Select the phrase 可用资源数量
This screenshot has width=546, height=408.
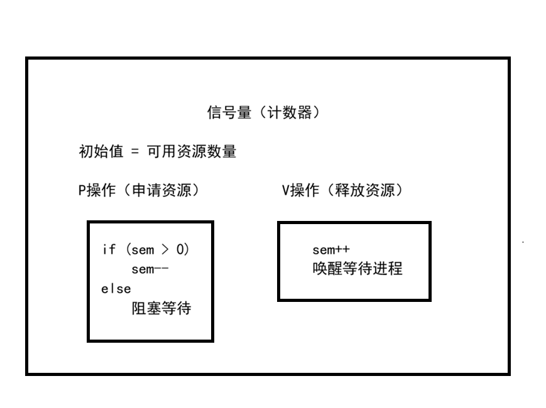tap(191, 152)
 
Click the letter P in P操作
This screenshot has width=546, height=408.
tap(82, 191)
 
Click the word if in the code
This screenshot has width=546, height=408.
tap(109, 249)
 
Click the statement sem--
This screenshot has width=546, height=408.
tap(150, 270)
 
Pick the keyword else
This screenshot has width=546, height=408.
tap(116, 289)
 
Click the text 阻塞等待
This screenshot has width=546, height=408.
tap(161, 309)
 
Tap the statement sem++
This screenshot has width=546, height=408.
tap(330, 250)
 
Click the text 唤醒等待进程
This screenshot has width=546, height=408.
tap(357, 269)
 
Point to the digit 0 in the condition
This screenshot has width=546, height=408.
tap(181, 249)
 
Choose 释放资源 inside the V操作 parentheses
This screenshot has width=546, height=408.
tap(364, 191)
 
